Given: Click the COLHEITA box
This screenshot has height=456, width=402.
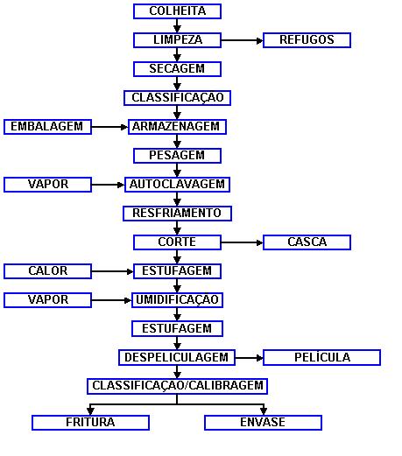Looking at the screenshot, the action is (177, 11).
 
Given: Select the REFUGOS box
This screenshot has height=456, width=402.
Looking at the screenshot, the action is (307, 40).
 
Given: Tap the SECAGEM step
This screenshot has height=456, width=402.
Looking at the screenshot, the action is (177, 69).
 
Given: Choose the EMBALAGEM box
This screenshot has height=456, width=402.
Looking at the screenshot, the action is (47, 127).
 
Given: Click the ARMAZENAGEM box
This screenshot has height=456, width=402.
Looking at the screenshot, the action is (177, 127).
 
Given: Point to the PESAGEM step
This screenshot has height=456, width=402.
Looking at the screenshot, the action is (177, 156).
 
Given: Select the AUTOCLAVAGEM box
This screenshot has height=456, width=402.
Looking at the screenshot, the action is (177, 185).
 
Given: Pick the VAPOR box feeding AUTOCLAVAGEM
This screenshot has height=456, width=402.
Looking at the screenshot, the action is (47, 185).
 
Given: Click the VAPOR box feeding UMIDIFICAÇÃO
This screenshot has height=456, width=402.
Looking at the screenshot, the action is (47, 300).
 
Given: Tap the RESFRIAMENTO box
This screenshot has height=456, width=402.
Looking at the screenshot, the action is (177, 214).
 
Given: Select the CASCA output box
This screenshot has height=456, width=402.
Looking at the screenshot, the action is (307, 242).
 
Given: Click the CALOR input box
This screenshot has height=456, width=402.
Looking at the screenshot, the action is (47, 271).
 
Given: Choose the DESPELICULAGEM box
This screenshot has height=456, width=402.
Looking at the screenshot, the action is (177, 357).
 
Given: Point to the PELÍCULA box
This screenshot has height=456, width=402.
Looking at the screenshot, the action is (321, 357).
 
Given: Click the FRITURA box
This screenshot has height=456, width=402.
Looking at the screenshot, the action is (90, 423).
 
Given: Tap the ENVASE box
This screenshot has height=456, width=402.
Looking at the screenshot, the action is (263, 423).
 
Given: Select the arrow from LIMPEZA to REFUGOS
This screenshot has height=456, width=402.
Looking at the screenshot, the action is (242, 40).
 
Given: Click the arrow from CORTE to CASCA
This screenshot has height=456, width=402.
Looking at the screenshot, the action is (242, 242).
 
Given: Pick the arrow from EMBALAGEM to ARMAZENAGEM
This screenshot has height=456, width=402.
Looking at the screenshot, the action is (109, 127).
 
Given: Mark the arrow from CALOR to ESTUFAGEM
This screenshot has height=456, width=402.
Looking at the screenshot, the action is (112, 271).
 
